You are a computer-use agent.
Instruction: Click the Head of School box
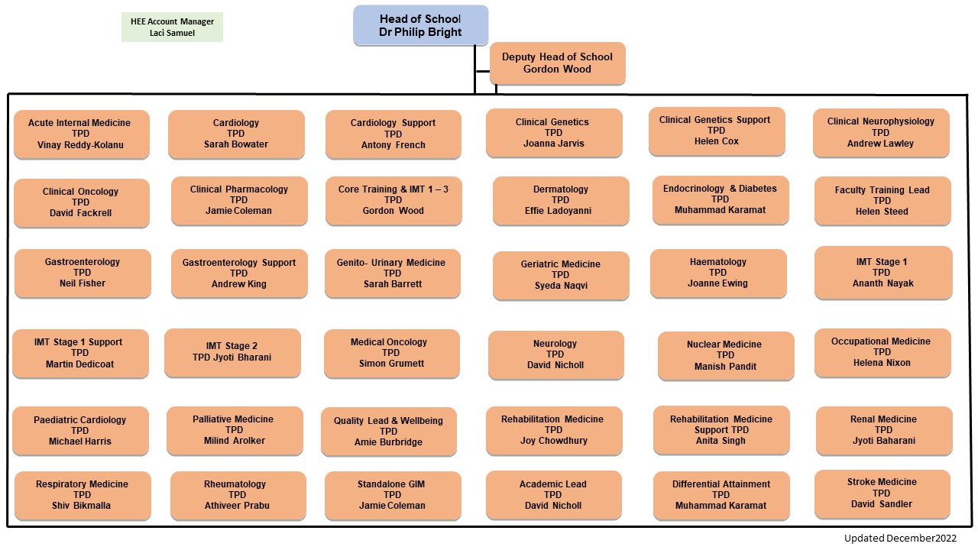pyautogui.click(x=420, y=25)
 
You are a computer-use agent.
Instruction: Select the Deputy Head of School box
pyautogui.click(x=557, y=63)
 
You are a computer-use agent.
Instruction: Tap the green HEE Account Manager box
pyautogui.click(x=172, y=27)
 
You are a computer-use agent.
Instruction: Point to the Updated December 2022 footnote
pyautogui.click(x=899, y=539)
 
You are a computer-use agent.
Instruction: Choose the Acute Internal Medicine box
pyautogui.click(x=81, y=134)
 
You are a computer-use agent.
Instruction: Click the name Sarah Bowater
pyautogui.click(x=236, y=144)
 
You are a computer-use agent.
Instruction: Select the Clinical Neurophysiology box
pyautogui.click(x=880, y=132)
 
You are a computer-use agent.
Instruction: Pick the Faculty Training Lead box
pyautogui.click(x=882, y=201)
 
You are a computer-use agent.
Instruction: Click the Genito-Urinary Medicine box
pyautogui.click(x=392, y=273)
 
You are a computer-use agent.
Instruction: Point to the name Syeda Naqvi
pyautogui.click(x=560, y=286)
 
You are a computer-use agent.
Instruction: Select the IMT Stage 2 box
pyautogui.click(x=232, y=352)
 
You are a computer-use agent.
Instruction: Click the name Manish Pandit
pyautogui.click(x=725, y=367)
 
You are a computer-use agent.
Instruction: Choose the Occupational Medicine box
pyautogui.click(x=882, y=352)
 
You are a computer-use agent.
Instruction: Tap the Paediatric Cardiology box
pyautogui.click(x=80, y=430)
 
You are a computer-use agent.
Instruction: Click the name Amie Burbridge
pyautogui.click(x=388, y=442)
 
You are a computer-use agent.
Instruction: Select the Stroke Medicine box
pyautogui.click(x=882, y=493)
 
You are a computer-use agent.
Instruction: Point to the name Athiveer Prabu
pyautogui.click(x=237, y=506)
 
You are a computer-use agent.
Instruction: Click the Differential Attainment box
pyautogui.click(x=721, y=495)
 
